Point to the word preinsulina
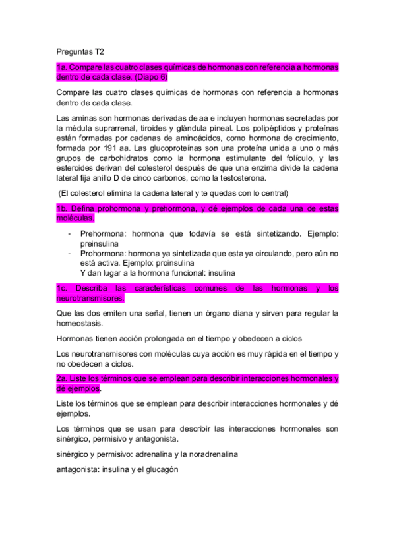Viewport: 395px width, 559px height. point(103,243)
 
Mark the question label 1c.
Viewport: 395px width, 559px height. point(63,288)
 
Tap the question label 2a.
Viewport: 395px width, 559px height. point(63,378)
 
